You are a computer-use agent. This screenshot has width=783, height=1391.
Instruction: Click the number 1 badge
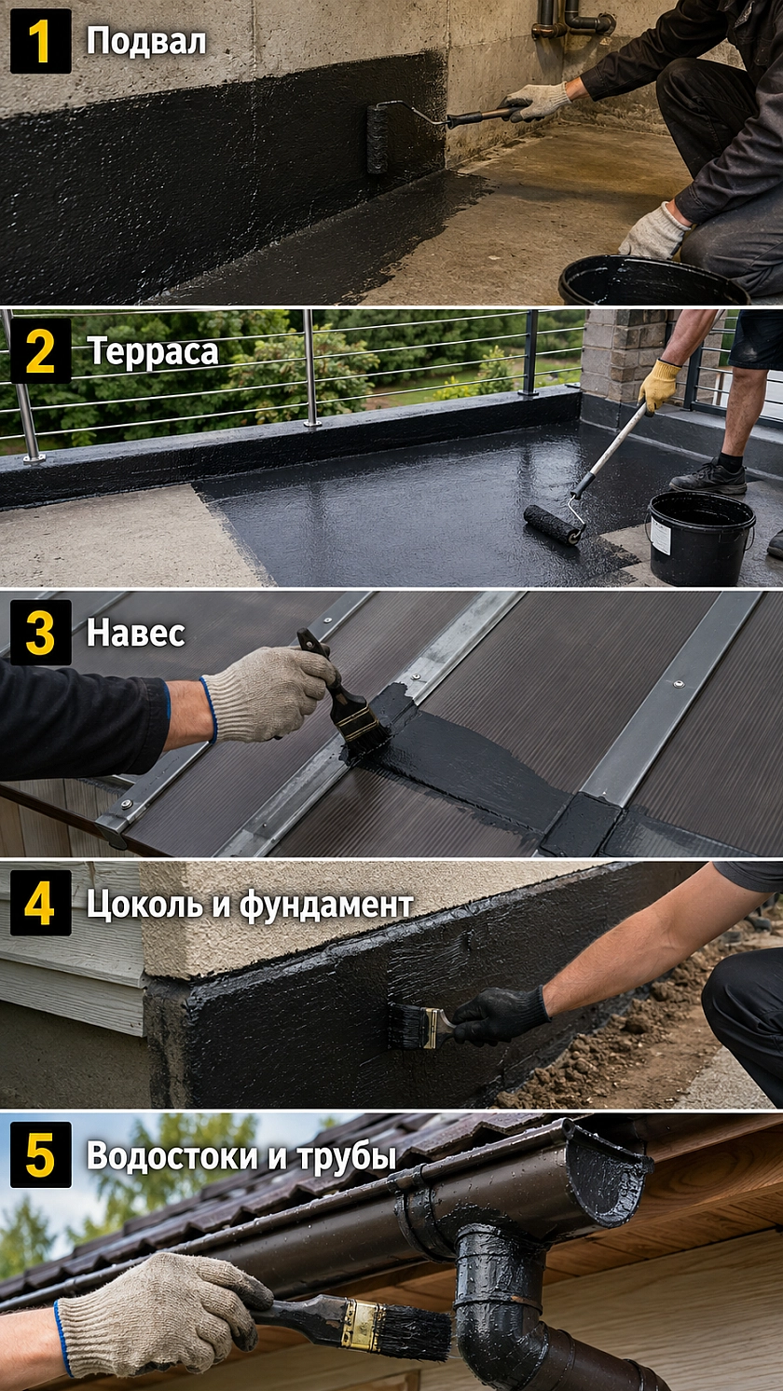tap(40, 42)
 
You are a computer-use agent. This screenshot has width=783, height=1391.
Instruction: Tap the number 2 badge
tap(40, 351)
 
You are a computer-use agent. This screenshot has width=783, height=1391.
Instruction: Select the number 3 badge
tap(40, 633)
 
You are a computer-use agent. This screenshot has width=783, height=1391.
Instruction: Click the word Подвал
tap(146, 42)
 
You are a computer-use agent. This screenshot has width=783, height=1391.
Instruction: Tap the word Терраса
tap(153, 352)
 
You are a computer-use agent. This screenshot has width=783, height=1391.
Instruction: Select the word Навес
tap(135, 633)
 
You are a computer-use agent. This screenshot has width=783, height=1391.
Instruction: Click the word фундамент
tap(326, 905)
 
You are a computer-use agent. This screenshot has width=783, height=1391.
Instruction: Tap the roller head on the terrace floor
tap(553, 525)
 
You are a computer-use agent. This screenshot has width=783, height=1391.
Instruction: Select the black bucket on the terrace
tap(701, 538)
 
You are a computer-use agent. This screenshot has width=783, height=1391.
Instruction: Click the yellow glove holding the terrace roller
tap(659, 385)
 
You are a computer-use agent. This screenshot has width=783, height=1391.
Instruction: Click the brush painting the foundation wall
tap(422, 1025)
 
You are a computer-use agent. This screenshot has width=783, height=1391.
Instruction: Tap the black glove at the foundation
tap(501, 1015)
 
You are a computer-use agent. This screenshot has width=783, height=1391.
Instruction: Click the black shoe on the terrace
tap(708, 478)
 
